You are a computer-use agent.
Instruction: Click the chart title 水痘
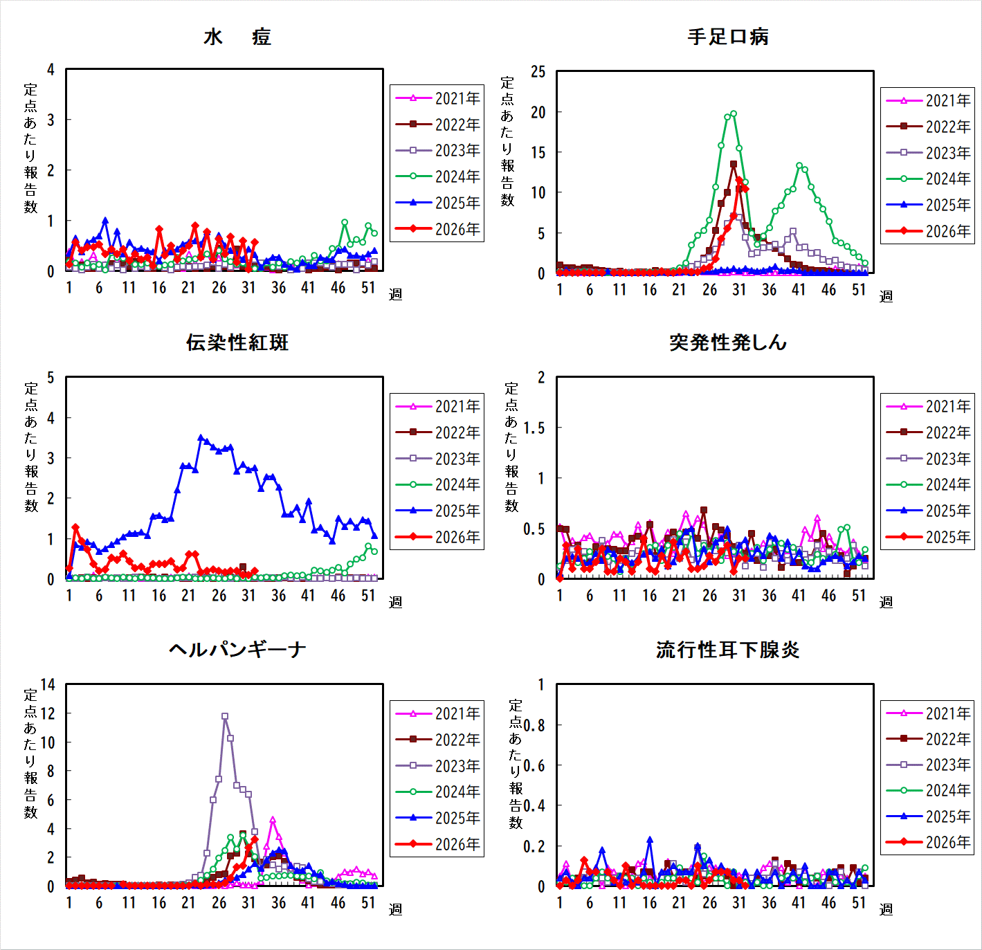click(237, 37)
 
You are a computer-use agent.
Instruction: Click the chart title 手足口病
click(727, 37)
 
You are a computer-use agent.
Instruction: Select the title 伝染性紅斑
click(237, 342)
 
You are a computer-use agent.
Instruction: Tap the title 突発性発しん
click(727, 342)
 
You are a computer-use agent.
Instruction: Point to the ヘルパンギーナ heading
click(237, 649)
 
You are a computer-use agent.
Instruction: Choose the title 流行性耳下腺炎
click(727, 650)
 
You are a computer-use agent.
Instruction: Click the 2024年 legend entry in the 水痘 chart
click(437, 176)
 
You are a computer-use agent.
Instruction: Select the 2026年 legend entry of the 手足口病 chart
click(928, 231)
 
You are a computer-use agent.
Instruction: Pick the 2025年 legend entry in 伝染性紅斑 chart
click(437, 511)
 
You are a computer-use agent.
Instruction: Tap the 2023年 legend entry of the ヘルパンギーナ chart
click(437, 766)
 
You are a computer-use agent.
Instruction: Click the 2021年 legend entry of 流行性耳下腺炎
click(928, 713)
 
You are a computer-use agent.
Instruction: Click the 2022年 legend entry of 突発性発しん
click(928, 432)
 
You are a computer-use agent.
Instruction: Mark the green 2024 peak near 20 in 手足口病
click(734, 114)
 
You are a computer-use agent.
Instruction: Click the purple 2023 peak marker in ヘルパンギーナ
click(225, 716)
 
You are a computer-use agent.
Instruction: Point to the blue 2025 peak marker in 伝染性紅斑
click(201, 437)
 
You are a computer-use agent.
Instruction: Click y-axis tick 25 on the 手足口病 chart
click(538, 72)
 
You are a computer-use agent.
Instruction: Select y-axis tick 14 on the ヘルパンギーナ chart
click(48, 684)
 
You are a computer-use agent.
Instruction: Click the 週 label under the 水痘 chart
click(396, 294)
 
